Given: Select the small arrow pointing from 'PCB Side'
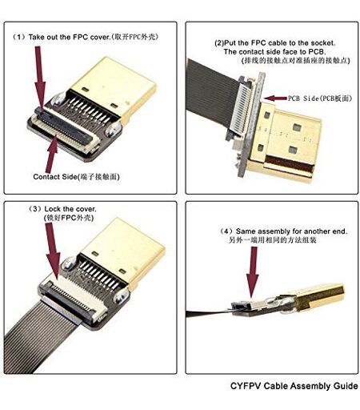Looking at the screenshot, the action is [275, 98].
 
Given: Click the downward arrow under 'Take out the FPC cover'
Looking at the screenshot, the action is [40, 78].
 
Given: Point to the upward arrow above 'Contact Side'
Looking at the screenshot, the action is [52, 155].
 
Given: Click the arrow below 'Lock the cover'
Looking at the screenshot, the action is [53, 251].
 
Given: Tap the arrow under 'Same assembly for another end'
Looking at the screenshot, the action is [252, 272].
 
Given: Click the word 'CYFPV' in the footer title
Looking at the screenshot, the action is [246, 386].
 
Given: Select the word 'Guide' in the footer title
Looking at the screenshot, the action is [346, 386].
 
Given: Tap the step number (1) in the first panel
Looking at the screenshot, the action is [18, 37].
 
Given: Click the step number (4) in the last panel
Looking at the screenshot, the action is [226, 231].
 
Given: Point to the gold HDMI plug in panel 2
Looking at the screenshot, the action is [286, 143].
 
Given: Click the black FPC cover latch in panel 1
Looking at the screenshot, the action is [64, 124].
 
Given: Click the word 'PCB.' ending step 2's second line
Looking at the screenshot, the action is [317, 52].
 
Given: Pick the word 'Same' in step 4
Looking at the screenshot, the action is [246, 231].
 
